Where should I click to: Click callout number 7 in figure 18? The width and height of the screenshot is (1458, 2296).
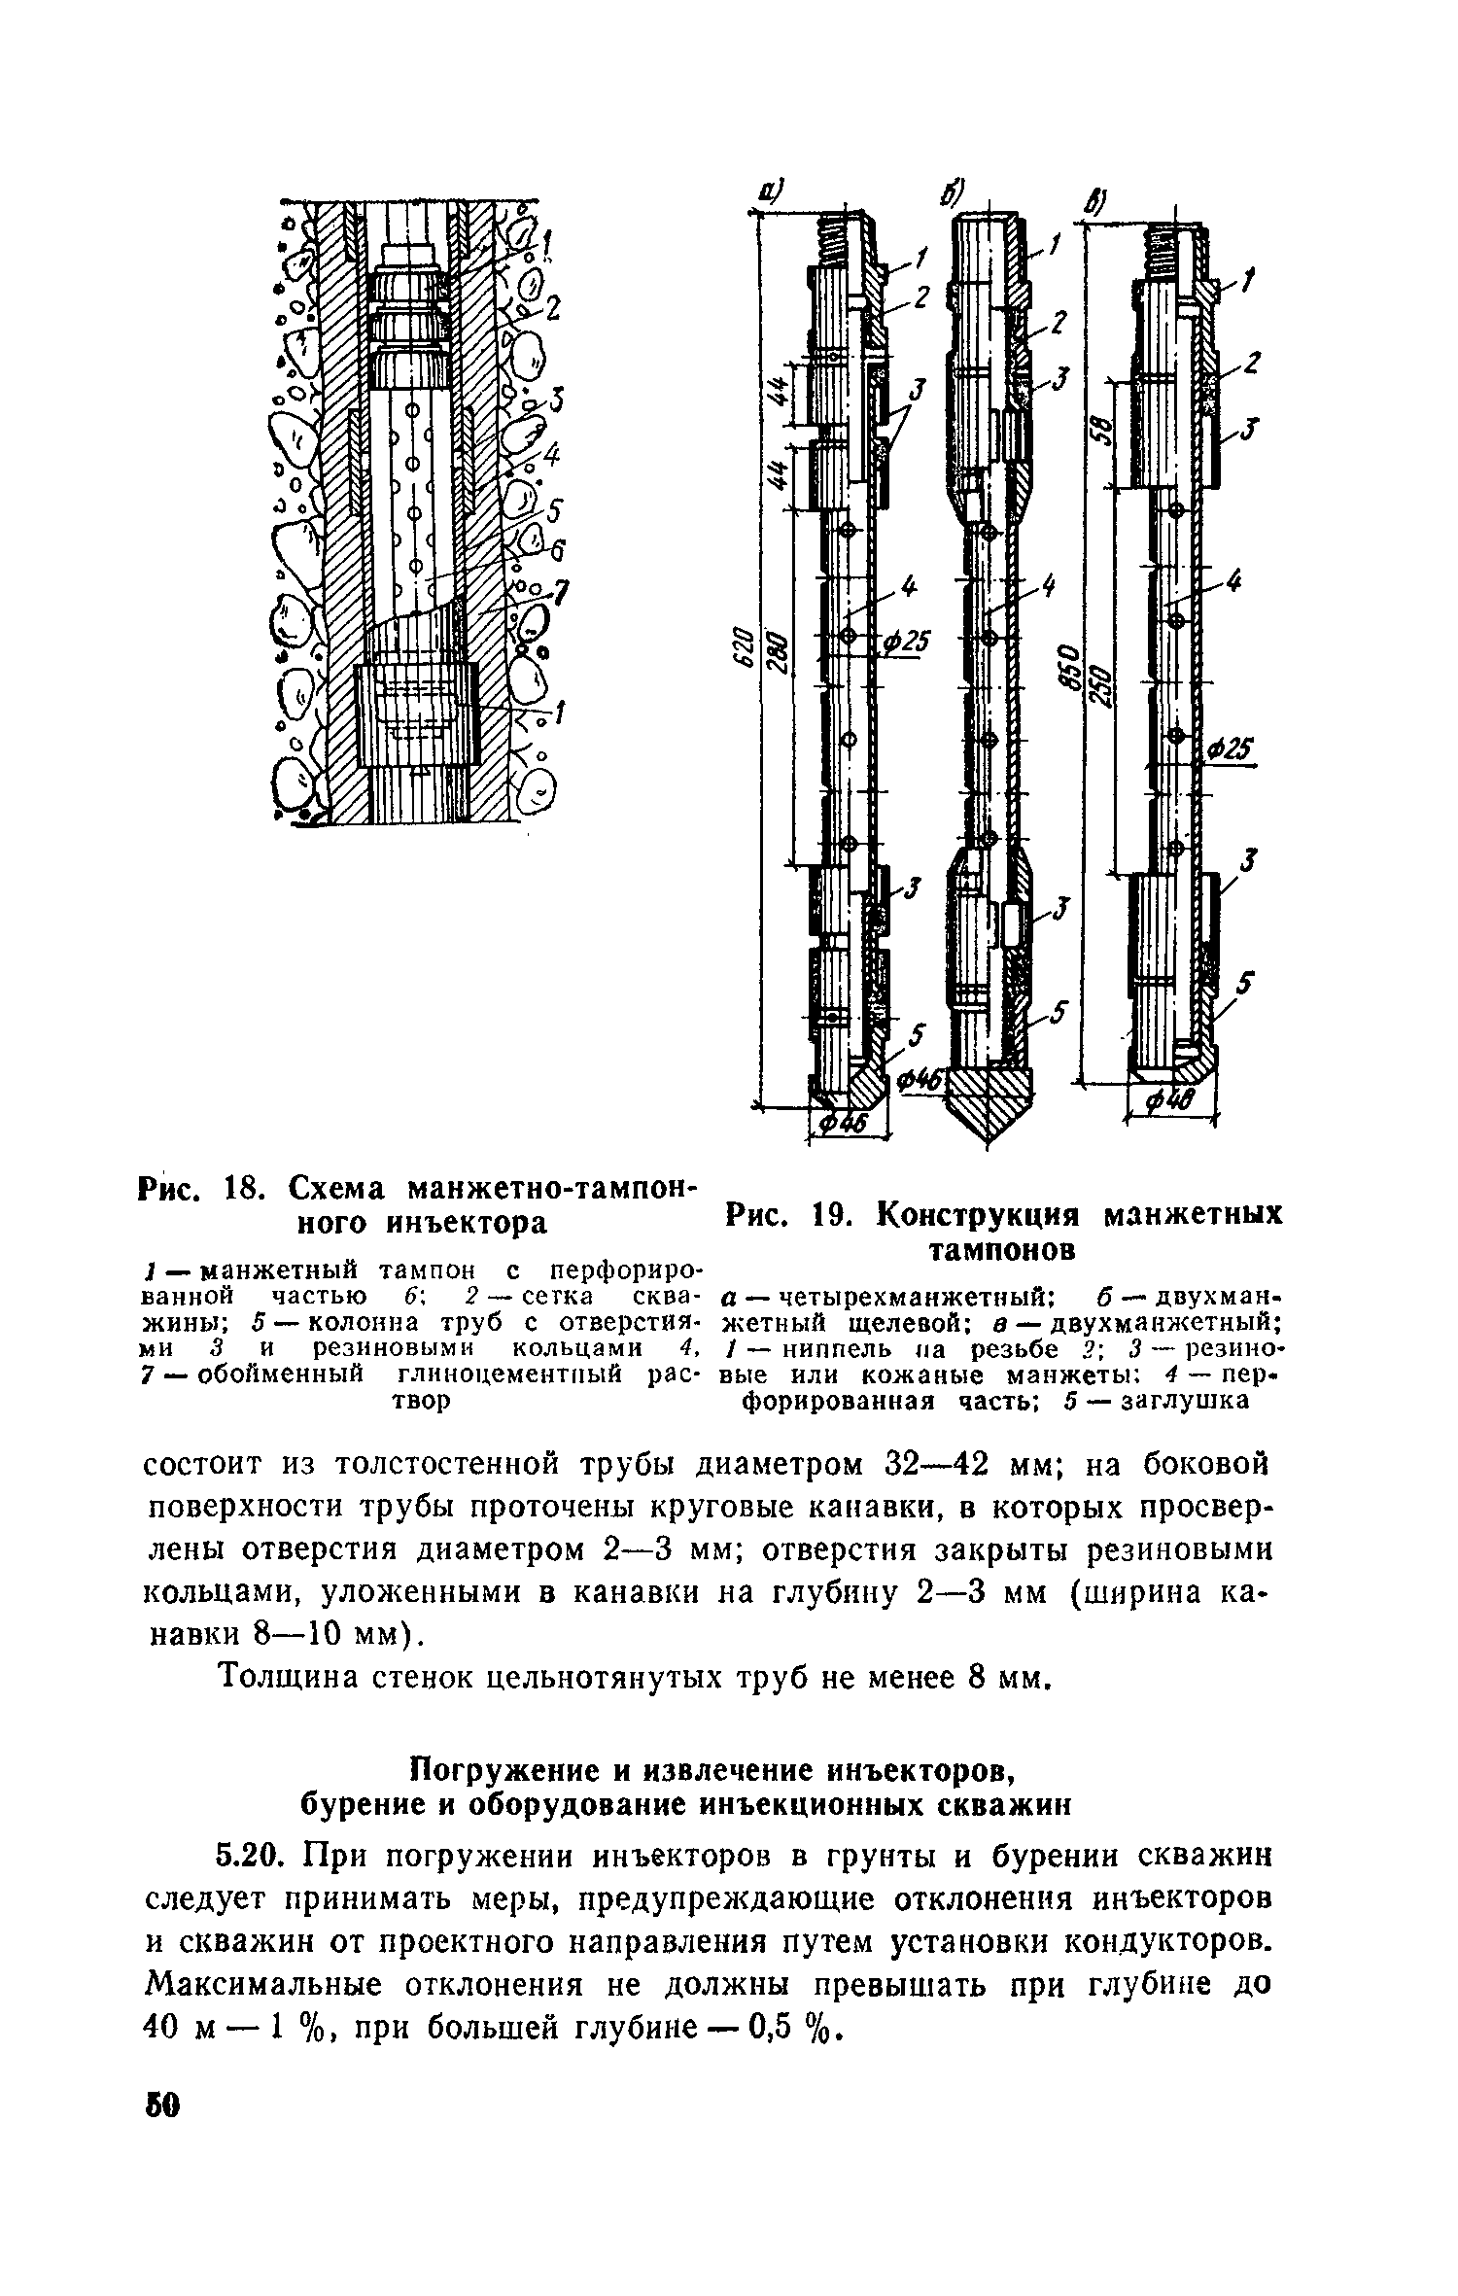(x=561, y=593)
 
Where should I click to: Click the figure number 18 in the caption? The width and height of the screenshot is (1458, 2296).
(x=239, y=1189)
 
